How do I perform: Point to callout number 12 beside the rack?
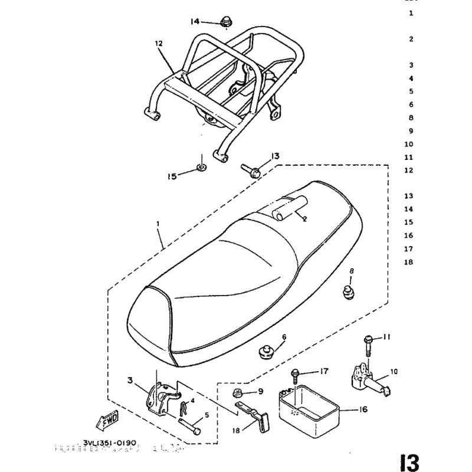(x=158, y=44)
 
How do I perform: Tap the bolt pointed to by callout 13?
(x=247, y=169)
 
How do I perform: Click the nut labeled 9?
(x=238, y=394)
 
